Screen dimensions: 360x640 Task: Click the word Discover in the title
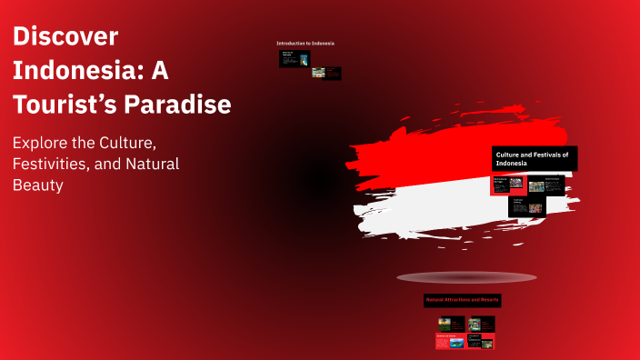point(65,37)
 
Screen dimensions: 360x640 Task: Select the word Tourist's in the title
point(60,105)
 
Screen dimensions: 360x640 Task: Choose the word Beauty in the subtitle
point(38,185)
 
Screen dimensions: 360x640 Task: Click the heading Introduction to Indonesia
point(305,43)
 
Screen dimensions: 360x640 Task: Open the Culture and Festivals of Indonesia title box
point(535,159)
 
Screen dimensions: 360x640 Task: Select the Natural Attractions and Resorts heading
point(464,299)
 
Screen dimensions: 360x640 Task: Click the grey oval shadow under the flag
point(466,277)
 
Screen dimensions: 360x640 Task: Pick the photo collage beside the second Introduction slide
point(318,73)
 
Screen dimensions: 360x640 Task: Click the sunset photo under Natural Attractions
point(445,322)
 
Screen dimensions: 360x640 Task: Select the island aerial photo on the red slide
point(456,343)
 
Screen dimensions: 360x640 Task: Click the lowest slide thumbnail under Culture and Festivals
point(528,206)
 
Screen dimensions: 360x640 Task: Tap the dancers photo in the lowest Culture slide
point(535,207)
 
